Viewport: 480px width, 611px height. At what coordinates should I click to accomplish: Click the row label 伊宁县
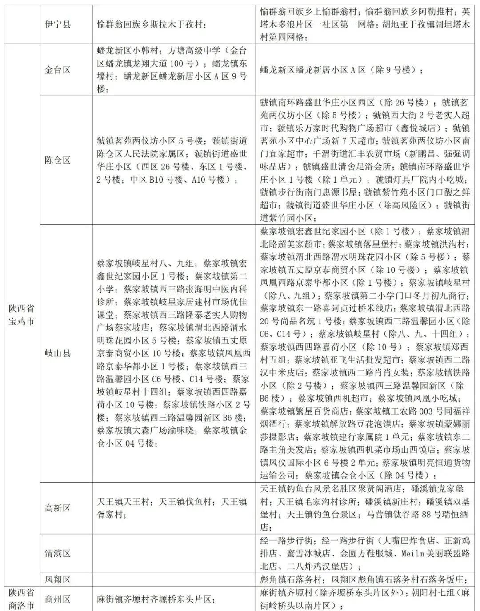pyautogui.click(x=58, y=24)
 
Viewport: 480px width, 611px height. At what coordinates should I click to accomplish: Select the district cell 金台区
pyautogui.click(x=58, y=70)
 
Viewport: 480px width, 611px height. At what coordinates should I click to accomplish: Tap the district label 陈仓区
pyautogui.click(x=58, y=160)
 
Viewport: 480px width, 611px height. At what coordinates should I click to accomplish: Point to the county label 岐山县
pyautogui.click(x=58, y=353)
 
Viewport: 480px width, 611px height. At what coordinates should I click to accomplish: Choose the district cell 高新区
pyautogui.click(x=58, y=508)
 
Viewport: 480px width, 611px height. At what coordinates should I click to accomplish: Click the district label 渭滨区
pyautogui.click(x=58, y=553)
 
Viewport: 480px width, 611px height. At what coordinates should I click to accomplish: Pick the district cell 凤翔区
pyautogui.click(x=58, y=579)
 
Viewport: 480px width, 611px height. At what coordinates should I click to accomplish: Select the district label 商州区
pyautogui.click(x=58, y=599)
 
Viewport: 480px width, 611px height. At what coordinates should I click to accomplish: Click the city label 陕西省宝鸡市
pyautogui.click(x=22, y=315)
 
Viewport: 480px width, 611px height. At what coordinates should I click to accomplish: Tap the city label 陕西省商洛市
pyautogui.click(x=22, y=599)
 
